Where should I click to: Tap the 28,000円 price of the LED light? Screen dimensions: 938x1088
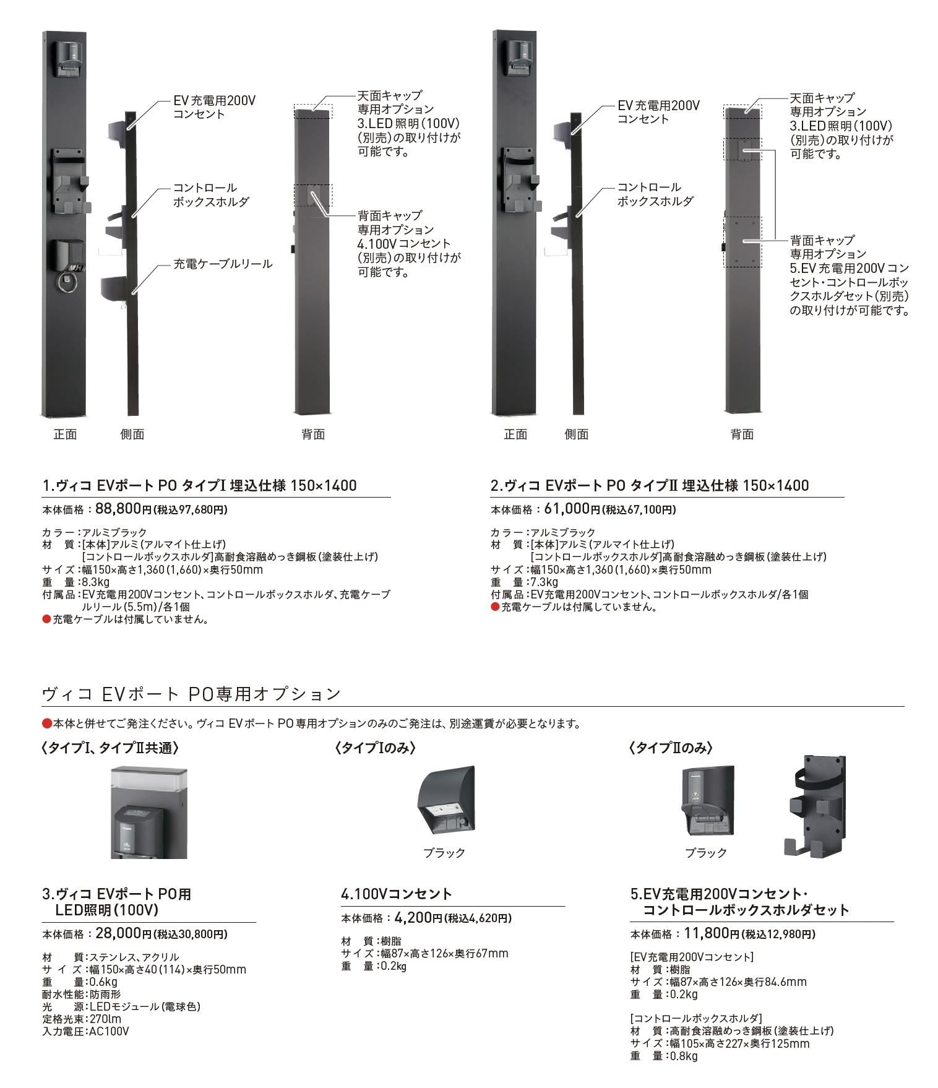(x=123, y=933)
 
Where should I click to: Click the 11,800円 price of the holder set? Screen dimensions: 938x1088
(x=712, y=933)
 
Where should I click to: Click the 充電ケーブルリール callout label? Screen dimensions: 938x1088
(x=223, y=264)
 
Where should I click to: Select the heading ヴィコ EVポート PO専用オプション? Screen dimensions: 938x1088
(x=191, y=694)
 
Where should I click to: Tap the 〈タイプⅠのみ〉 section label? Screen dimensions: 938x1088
(x=376, y=748)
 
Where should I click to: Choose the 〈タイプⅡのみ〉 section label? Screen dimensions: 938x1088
(x=671, y=748)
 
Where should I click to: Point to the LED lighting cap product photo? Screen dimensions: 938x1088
(x=148, y=812)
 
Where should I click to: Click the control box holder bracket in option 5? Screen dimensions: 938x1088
(x=817, y=806)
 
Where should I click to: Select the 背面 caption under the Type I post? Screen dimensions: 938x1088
(x=313, y=434)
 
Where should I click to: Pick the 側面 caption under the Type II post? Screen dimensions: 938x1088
(x=576, y=434)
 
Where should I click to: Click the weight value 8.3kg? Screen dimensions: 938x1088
(x=96, y=582)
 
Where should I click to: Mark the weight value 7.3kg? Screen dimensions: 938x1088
(x=544, y=582)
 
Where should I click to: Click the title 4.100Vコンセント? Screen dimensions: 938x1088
(x=397, y=894)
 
